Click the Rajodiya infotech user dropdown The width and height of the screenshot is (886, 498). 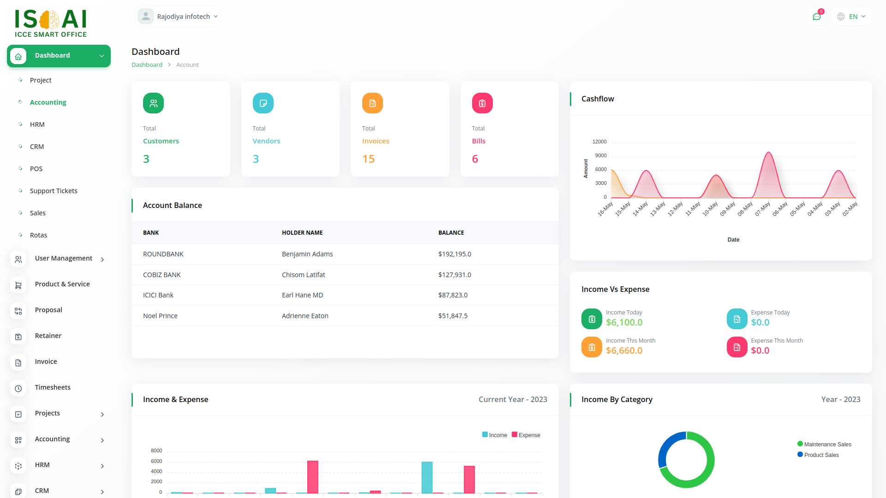coord(178,17)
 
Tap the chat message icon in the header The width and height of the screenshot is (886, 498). coord(816,17)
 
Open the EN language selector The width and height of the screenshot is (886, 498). coord(851,17)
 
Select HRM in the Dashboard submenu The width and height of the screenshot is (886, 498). coord(37,125)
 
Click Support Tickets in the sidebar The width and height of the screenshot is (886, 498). coord(54,191)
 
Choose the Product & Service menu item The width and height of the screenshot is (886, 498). coord(62,284)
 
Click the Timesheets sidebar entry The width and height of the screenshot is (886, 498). coord(53,387)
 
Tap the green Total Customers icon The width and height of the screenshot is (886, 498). coord(153,103)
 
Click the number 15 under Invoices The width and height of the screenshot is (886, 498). coord(368,159)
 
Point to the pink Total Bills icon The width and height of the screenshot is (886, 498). coord(482,103)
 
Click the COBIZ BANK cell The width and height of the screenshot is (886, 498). coord(162,275)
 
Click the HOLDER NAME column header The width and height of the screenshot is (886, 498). coord(302,233)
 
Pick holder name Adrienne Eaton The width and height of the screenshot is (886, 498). coord(305,316)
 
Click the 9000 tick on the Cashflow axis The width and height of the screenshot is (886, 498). coord(600,155)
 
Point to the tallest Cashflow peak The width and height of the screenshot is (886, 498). coord(768,153)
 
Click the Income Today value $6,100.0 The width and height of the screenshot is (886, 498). coord(624,322)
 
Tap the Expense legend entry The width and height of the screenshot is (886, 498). coord(526,435)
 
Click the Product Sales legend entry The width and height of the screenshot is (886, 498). coord(821,455)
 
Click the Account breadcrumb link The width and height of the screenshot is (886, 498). coord(187,65)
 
